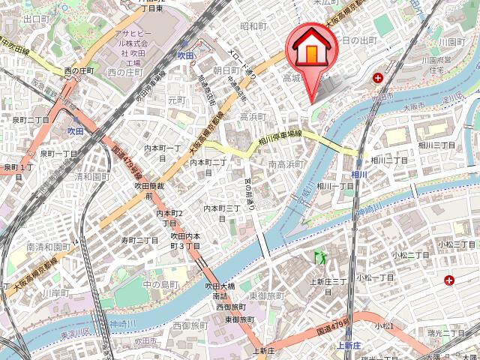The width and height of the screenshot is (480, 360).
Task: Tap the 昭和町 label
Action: coord(253,26)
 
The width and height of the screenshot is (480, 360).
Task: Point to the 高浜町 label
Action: coord(253,116)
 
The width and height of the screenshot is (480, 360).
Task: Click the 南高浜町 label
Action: coord(285,163)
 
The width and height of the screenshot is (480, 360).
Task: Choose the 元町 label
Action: coord(176,100)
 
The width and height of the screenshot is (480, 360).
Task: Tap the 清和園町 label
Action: coord(92,177)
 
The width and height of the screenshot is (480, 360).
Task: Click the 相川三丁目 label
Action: coord(436,143)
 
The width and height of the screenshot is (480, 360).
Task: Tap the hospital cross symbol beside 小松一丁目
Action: coord(449,280)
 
